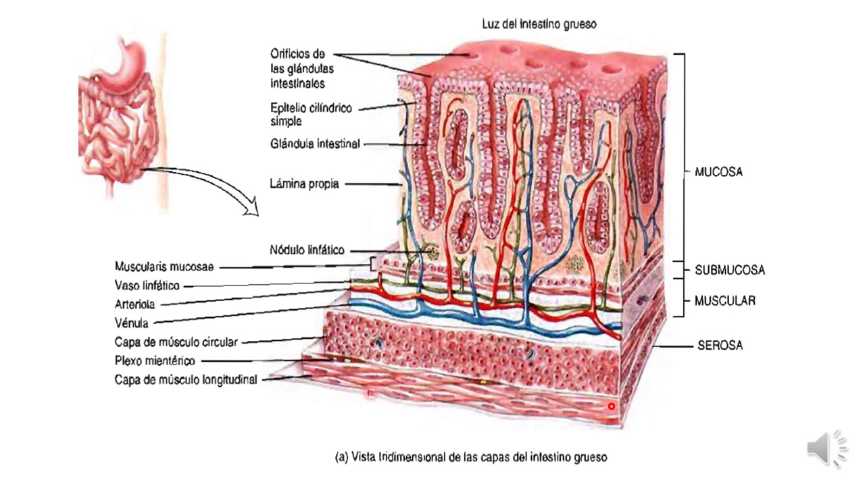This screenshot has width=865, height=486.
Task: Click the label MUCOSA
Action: (718, 172)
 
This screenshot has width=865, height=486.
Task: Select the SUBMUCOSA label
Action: (730, 270)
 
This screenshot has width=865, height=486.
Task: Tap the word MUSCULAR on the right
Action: (725, 301)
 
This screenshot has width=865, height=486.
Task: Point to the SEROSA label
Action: (720, 346)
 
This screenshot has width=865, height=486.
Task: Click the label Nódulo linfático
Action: (306, 250)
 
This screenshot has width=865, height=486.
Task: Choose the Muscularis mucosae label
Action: (164, 267)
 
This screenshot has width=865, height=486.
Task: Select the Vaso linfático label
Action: (147, 286)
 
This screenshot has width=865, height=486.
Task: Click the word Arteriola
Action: (135, 304)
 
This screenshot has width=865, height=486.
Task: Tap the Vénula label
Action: (132, 323)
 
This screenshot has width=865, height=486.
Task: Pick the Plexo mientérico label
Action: (155, 360)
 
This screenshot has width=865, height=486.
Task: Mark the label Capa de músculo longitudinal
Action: (186, 379)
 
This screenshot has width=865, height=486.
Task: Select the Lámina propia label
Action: (304, 184)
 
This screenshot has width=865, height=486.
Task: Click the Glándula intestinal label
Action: (314, 144)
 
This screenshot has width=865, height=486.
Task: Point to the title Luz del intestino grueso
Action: (539, 24)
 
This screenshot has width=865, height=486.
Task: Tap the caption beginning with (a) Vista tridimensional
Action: (471, 457)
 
